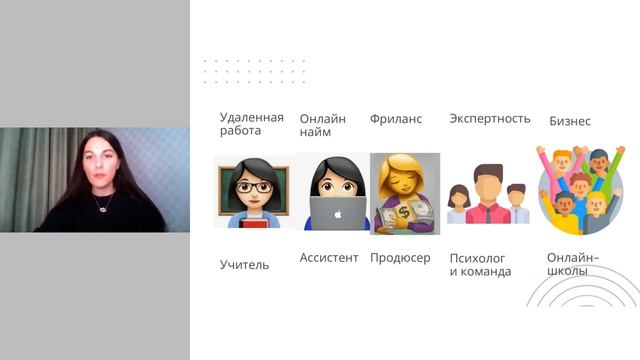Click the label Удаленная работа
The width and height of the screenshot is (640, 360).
pyautogui.click(x=252, y=124)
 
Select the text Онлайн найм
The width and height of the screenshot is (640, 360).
pyautogui.click(x=323, y=125)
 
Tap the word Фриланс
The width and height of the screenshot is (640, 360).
pyautogui.click(x=396, y=119)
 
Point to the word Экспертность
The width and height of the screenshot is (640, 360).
pyautogui.click(x=490, y=119)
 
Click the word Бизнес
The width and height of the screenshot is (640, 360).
pyautogui.click(x=570, y=122)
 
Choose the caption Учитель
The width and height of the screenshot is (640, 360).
pyautogui.click(x=244, y=265)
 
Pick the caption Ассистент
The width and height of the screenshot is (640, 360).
pyautogui.click(x=329, y=258)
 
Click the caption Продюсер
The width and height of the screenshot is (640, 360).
pyautogui.click(x=400, y=258)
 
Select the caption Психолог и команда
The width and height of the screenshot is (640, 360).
pyautogui.click(x=480, y=265)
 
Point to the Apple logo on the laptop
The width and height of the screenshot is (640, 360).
pyautogui.click(x=336, y=213)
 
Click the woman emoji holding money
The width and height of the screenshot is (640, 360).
pyautogui.click(x=405, y=192)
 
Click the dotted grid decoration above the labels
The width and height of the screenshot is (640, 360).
pyautogui.click(x=254, y=70)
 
